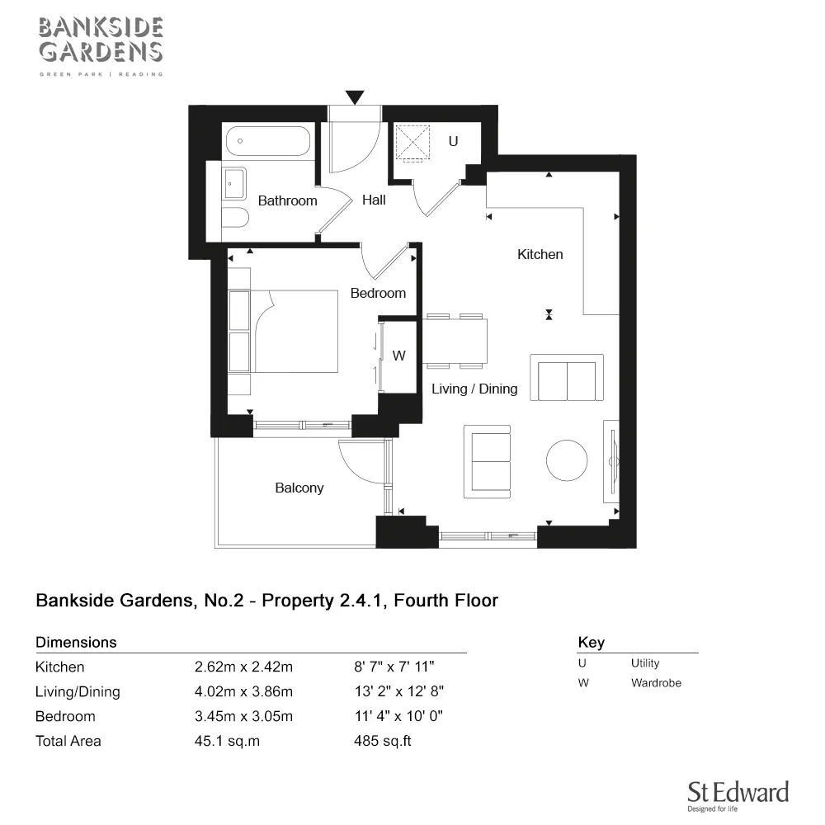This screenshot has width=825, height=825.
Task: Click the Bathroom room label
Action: pyautogui.click(x=287, y=200)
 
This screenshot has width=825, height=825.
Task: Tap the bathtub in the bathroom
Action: pyautogui.click(x=267, y=141)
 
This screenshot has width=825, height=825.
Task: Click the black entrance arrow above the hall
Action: pyautogui.click(x=355, y=97)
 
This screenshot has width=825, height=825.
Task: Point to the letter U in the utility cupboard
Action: pyautogui.click(x=452, y=141)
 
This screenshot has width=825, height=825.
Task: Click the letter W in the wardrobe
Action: pyautogui.click(x=398, y=356)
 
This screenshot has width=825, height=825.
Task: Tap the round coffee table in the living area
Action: pyautogui.click(x=568, y=460)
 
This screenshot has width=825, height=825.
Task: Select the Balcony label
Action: pyautogui.click(x=299, y=488)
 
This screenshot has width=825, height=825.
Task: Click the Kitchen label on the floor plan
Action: pyautogui.click(x=540, y=254)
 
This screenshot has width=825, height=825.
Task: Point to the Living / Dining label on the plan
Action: pyautogui.click(x=474, y=389)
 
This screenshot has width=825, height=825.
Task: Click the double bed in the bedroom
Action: pyautogui.click(x=293, y=331)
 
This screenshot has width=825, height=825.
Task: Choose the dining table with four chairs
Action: pyautogui.click(x=455, y=340)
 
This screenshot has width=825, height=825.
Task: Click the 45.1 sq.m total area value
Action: pyautogui.click(x=227, y=741)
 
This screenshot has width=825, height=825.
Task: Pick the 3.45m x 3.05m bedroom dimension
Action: pyautogui.click(x=243, y=716)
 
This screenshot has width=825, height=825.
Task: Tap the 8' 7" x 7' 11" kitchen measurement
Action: pyautogui.click(x=394, y=667)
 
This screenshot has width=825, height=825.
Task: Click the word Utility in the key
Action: pyautogui.click(x=645, y=663)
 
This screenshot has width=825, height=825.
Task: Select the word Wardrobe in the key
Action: pyautogui.click(x=656, y=683)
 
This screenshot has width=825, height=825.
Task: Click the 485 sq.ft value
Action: pyautogui.click(x=382, y=741)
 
